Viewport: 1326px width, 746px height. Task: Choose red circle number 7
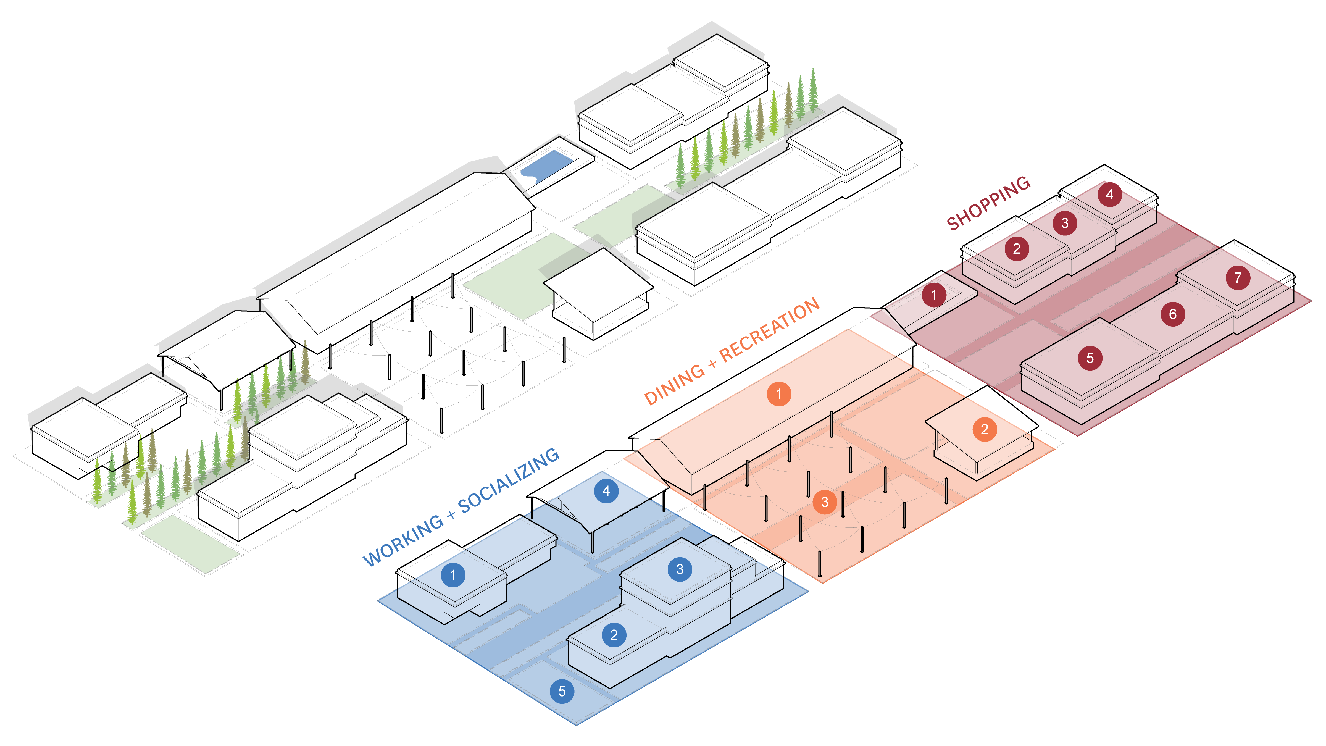pos(1238,278)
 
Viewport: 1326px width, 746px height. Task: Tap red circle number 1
pos(934,295)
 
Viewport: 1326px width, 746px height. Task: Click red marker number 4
pos(1109,195)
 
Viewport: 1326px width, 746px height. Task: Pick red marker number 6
pos(1173,314)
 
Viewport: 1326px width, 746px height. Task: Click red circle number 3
pos(1064,223)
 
